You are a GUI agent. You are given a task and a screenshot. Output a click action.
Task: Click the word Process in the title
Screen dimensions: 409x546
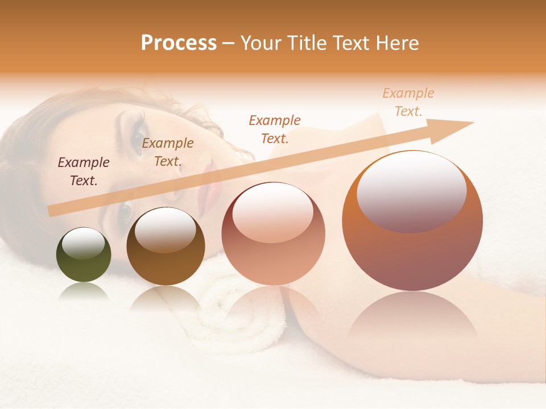pos(179,43)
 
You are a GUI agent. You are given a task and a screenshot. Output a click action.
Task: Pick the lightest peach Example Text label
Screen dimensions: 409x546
pos(408,102)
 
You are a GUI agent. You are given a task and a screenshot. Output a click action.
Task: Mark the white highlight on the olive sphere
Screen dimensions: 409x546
pos(83,243)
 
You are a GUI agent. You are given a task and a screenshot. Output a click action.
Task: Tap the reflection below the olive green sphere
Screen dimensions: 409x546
pos(84,292)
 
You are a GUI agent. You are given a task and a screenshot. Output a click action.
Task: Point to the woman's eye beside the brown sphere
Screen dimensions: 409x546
pos(124,212)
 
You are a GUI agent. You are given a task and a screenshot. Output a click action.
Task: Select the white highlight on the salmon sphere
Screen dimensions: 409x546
pos(272,214)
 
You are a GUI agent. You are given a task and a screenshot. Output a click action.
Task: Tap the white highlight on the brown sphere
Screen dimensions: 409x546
pos(165,229)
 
